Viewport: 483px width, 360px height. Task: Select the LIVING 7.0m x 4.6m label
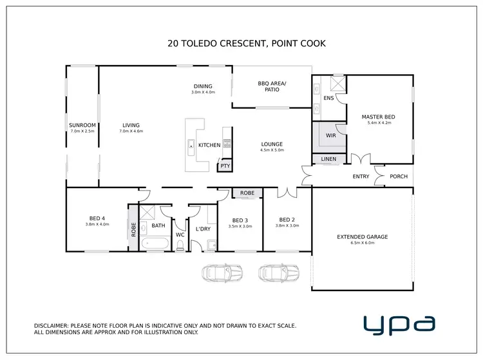tap(131, 128)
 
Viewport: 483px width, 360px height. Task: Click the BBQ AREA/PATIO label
tap(271, 86)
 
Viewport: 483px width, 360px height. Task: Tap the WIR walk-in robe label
tap(330, 136)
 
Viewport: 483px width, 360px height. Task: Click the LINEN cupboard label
tap(328, 159)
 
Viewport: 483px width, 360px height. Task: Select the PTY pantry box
tap(224, 166)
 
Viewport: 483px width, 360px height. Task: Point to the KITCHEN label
tap(209, 146)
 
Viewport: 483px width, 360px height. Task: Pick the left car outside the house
tap(222, 273)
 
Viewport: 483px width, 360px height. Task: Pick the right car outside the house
tap(278, 273)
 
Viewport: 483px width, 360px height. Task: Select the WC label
tap(180, 235)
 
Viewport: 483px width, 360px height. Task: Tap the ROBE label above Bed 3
tap(247, 193)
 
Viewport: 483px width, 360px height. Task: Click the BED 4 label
tap(97, 220)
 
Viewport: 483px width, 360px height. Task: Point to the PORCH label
tap(399, 176)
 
